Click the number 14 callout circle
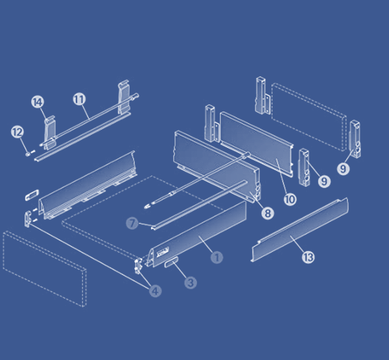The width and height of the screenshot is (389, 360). [x=37, y=102]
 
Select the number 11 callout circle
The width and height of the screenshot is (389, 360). [x=79, y=99]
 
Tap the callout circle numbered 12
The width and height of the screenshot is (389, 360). [x=18, y=132]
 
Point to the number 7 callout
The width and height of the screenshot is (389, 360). [x=132, y=223]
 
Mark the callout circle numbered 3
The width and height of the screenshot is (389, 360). [x=190, y=282]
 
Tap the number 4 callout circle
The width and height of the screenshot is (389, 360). [x=155, y=291]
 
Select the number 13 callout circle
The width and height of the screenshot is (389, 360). [x=307, y=258]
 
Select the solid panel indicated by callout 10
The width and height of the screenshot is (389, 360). [x=255, y=139]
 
